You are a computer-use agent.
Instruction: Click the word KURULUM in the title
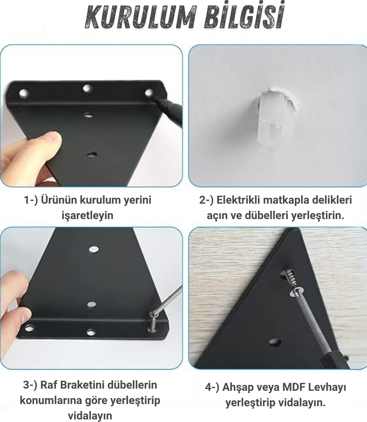141,18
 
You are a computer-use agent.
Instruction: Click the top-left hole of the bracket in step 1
24,93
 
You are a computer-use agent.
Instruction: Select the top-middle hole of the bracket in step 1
87,88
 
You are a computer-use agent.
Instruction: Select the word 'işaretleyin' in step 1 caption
87,215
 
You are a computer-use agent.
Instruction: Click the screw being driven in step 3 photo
152,323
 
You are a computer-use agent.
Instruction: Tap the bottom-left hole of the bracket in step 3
29,328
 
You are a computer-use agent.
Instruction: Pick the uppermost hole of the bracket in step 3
94,249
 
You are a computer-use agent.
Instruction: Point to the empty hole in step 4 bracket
275,342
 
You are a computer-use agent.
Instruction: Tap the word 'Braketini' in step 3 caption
82,385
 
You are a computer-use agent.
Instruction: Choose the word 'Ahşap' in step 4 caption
239,388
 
